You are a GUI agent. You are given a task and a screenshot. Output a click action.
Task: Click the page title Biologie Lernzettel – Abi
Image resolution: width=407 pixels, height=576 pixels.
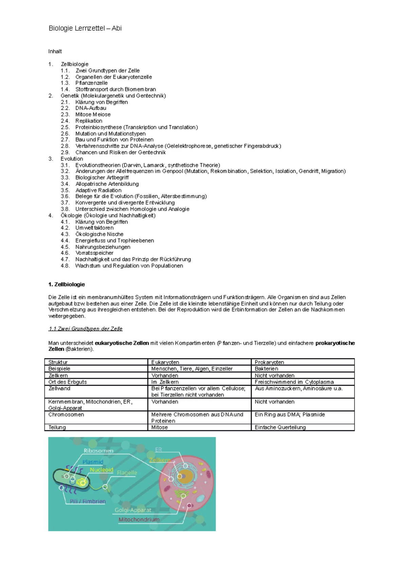click(85, 28)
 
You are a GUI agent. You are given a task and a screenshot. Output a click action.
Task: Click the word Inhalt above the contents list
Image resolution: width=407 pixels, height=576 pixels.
click(55, 52)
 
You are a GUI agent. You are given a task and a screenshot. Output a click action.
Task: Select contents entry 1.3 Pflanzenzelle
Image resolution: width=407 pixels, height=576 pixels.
click(91, 83)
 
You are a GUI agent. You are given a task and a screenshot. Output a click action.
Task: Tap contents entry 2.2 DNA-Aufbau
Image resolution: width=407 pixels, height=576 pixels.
click(91, 108)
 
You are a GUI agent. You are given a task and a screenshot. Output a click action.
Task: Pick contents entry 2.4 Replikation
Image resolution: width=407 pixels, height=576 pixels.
click(89, 121)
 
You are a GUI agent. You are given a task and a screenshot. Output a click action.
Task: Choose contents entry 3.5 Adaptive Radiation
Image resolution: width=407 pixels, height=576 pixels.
click(98, 191)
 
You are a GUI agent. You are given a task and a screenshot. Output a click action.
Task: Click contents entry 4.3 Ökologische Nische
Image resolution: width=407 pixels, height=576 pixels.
click(99, 234)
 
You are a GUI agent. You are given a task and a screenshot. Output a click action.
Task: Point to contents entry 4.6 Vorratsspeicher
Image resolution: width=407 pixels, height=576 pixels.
click(94, 253)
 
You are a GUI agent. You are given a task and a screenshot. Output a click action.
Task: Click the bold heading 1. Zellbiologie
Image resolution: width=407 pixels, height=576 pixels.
click(66, 285)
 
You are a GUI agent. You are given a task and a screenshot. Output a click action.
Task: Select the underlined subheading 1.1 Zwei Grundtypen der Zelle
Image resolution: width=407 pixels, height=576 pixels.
click(85, 329)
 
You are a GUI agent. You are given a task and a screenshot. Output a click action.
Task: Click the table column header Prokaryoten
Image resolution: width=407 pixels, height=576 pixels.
click(269, 362)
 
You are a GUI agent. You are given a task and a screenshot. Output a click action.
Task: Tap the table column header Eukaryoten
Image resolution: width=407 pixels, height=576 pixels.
click(165, 362)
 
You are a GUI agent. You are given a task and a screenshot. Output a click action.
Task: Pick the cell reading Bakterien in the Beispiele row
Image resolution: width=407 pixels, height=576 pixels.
click(266, 369)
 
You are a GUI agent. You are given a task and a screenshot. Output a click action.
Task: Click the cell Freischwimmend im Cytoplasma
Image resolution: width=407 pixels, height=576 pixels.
click(294, 382)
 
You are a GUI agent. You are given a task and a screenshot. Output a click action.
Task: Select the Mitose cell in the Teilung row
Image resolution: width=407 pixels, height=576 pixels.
click(159, 427)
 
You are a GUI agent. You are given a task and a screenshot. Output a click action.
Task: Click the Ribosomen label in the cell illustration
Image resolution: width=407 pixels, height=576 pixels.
click(98, 451)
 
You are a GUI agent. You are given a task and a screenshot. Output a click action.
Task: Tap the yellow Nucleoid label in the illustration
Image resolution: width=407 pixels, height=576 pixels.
click(101, 470)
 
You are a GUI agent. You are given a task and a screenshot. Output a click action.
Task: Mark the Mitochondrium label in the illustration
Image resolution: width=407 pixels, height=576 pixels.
click(139, 520)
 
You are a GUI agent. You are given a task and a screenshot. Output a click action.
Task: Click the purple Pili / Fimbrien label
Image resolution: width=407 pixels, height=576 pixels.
click(88, 501)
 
